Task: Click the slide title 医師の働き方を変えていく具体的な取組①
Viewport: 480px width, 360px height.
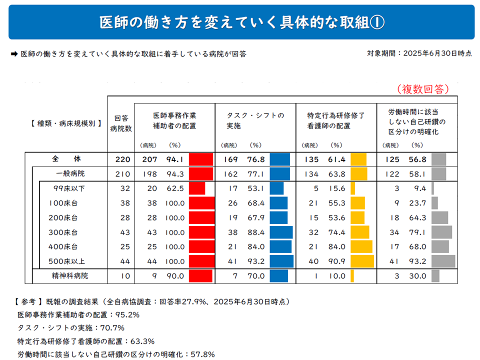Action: click(x=241, y=22)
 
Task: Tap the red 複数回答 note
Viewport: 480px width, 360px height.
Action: click(x=423, y=89)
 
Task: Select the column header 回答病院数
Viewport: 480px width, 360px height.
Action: click(x=121, y=123)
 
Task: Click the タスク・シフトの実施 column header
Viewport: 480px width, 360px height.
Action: click(x=255, y=120)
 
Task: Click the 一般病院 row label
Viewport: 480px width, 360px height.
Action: click(x=70, y=173)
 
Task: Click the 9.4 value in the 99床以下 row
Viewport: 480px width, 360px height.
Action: click(x=419, y=188)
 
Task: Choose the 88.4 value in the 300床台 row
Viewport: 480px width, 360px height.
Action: click(x=256, y=232)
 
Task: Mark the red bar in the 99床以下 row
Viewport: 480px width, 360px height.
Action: click(x=197, y=188)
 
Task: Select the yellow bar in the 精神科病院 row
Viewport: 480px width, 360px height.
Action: click(x=352, y=275)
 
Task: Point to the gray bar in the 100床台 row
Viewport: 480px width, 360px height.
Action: click(x=434, y=203)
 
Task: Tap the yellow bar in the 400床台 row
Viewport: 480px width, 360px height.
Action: click(x=361, y=246)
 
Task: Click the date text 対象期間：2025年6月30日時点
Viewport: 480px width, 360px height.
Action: click(x=419, y=53)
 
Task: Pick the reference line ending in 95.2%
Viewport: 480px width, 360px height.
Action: click(x=78, y=315)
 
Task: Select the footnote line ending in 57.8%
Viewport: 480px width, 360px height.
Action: click(x=116, y=354)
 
